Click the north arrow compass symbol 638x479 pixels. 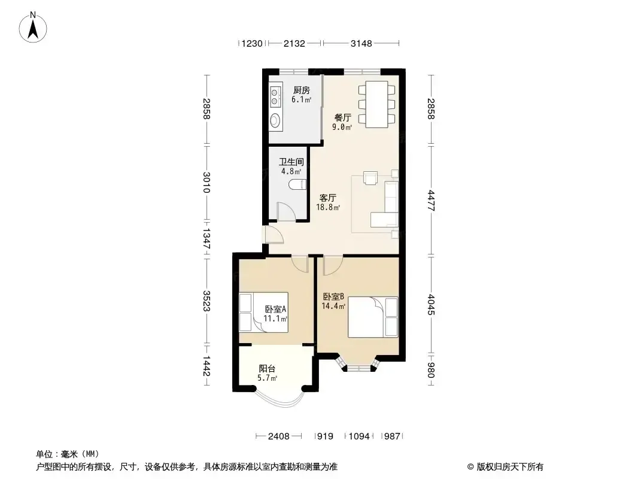(x=33, y=28)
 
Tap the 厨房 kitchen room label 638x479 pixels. (x=302, y=90)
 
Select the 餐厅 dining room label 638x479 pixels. (x=342, y=117)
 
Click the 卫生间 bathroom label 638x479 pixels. (x=291, y=162)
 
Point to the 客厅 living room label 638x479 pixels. (x=327, y=198)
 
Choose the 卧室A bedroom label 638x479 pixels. (x=275, y=310)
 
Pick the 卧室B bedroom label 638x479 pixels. (x=333, y=296)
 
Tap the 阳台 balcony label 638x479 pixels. (x=267, y=369)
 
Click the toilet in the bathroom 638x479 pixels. (x=297, y=185)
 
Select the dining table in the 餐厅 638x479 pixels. (x=377, y=105)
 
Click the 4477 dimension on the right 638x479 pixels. (x=432, y=201)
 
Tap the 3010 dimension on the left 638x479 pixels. (x=206, y=183)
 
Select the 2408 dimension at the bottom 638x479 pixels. (x=279, y=436)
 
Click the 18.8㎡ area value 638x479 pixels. (x=328, y=208)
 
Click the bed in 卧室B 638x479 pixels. (x=373, y=317)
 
